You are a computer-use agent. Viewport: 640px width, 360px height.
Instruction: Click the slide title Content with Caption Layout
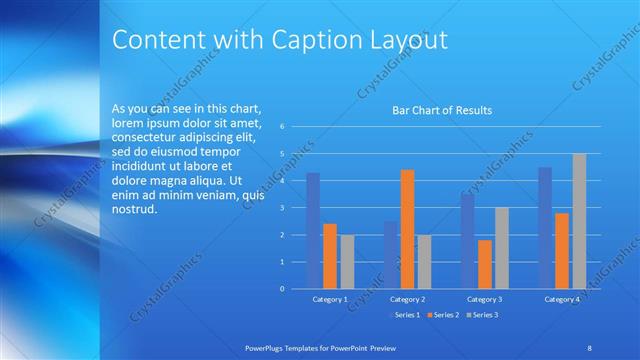click(279, 40)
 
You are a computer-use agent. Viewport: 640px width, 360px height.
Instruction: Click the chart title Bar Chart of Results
click(441, 110)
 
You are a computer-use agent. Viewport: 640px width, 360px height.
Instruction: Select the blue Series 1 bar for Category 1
click(313, 230)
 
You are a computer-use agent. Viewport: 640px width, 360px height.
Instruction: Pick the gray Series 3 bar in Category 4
click(579, 221)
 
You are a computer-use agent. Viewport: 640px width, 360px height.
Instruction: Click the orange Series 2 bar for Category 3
click(485, 264)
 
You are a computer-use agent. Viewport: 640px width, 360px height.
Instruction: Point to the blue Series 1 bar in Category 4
click(545, 227)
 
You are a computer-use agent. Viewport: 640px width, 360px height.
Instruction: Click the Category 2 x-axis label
click(407, 299)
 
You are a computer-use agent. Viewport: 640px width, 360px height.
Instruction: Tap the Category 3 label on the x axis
click(485, 299)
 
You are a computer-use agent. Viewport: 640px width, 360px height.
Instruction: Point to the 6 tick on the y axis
click(283, 127)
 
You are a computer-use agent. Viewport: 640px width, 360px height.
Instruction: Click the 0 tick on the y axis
click(283, 289)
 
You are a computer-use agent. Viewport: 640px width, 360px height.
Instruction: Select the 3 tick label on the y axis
click(283, 208)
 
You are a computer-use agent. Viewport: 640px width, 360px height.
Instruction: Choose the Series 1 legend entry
click(403, 315)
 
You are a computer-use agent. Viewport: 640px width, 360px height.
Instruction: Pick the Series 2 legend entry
click(442, 315)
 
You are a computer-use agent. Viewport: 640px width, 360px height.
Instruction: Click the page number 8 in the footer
click(589, 346)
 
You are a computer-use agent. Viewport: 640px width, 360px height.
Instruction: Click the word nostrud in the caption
click(134, 210)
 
